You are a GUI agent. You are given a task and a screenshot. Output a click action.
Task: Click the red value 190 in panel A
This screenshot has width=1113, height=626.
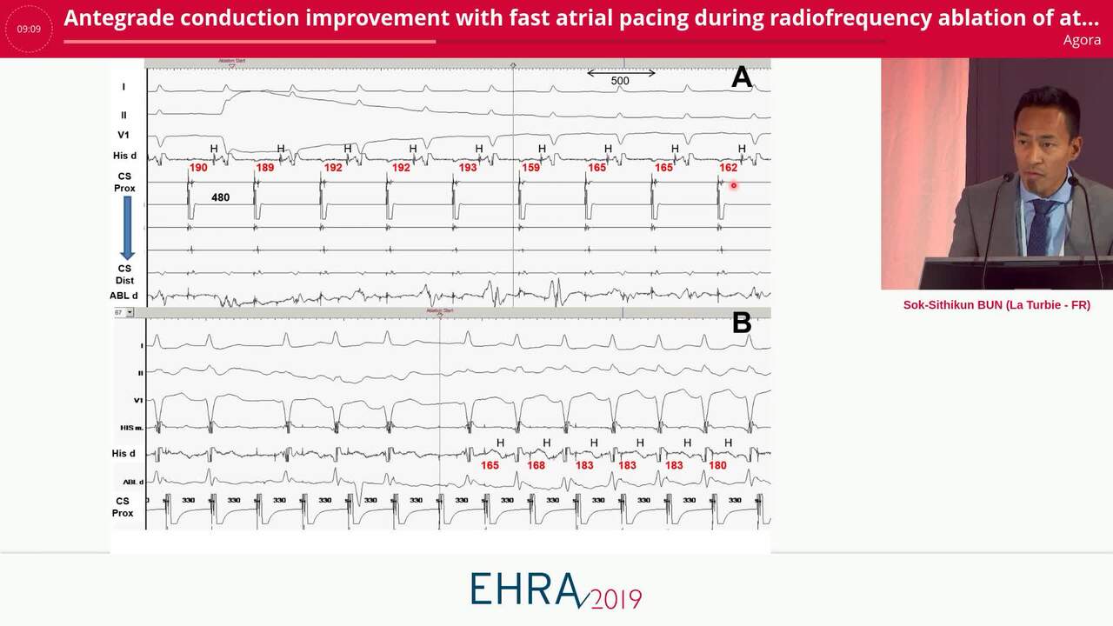click(198, 168)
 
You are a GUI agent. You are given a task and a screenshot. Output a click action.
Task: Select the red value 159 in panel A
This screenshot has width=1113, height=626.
click(530, 168)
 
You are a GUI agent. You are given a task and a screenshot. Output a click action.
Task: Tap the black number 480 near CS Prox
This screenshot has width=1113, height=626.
click(220, 197)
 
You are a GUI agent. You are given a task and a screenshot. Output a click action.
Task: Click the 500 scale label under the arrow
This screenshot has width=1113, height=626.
click(620, 81)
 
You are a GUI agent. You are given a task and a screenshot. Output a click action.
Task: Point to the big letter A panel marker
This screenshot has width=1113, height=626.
click(741, 77)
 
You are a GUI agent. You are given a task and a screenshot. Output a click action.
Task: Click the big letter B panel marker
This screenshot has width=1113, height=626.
click(741, 323)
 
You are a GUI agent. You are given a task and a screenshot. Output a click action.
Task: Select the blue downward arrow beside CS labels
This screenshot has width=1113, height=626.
click(127, 227)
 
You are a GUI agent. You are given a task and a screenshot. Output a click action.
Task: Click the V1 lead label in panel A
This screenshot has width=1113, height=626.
click(123, 136)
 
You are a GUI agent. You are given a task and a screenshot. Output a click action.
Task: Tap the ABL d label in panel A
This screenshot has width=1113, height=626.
click(123, 296)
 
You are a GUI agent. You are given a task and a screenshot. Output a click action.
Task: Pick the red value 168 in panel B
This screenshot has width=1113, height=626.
click(536, 466)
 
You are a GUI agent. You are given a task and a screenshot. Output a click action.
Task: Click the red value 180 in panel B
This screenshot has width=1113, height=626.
click(717, 466)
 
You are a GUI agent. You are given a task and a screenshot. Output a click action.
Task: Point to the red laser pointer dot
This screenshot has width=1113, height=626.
click(734, 185)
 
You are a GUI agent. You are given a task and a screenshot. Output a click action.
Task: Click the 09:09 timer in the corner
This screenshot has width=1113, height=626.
click(29, 29)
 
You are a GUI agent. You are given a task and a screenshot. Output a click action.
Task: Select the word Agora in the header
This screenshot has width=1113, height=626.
click(1081, 40)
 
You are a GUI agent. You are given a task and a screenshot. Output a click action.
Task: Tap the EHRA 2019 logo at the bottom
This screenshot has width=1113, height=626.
click(556, 590)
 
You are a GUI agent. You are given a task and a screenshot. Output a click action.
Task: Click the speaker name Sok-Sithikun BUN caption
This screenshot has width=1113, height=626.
click(996, 305)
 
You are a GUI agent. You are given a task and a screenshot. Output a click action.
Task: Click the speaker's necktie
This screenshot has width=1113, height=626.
click(1039, 223)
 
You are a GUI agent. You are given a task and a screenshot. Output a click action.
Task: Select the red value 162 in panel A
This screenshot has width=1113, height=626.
click(728, 168)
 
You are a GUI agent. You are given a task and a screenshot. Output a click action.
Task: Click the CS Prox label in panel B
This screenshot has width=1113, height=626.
click(123, 507)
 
